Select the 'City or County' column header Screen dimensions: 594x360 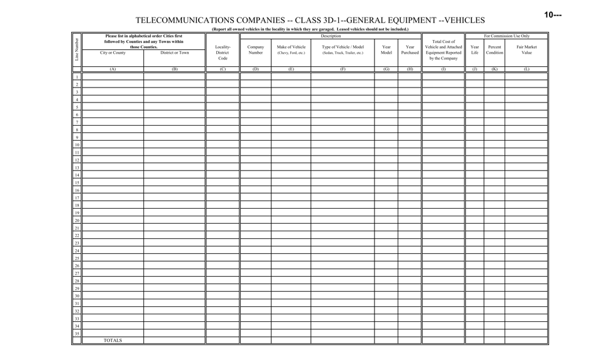113,53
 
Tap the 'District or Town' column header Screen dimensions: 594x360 174,53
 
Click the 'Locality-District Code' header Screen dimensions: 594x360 223,52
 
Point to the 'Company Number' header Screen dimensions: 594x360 256,50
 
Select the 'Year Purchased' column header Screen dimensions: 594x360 410,50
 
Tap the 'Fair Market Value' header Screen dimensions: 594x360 526,50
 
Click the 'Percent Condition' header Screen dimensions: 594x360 495,50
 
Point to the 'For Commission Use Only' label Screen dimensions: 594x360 506,36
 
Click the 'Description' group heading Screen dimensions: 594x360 331,36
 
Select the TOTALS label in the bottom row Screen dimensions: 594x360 113,341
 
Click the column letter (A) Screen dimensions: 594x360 113,69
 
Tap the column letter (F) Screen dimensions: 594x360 343,69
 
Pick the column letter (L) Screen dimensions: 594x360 526,69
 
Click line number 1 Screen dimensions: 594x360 77,77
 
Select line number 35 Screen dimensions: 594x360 77,334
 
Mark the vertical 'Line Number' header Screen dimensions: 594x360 77,50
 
